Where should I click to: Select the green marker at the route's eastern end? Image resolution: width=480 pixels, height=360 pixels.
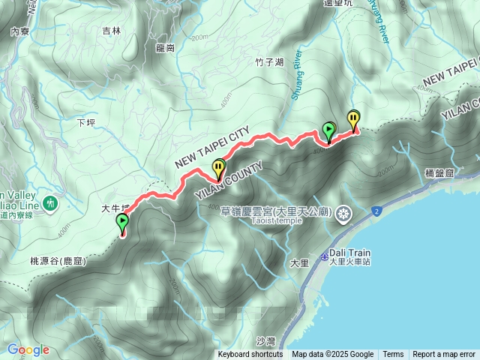pyautogui.click(x=328, y=130)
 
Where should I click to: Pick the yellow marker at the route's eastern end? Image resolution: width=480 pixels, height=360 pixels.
pyautogui.click(x=353, y=118)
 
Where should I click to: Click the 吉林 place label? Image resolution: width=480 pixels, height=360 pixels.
pyautogui.click(x=111, y=31)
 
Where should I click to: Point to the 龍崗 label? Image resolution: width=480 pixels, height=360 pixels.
pyautogui.click(x=166, y=47)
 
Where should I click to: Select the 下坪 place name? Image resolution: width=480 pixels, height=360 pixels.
pyautogui.click(x=87, y=121)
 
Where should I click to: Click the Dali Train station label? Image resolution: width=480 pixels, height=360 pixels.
pyautogui.click(x=350, y=253)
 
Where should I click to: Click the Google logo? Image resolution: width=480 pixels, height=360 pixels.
pyautogui.click(x=28, y=349)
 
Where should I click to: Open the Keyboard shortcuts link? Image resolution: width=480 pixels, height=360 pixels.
pyautogui.click(x=250, y=355)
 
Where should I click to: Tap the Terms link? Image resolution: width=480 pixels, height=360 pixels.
pyautogui.click(x=393, y=355)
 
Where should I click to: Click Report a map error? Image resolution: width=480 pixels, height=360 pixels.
pyautogui.click(x=444, y=355)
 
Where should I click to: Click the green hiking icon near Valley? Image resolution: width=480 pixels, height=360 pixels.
pyautogui.click(x=51, y=202)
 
